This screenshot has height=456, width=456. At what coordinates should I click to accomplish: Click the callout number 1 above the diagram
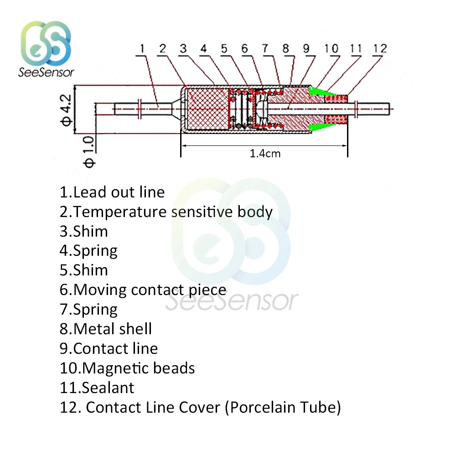coord(142,48)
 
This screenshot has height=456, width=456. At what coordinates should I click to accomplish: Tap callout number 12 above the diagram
coord(379,48)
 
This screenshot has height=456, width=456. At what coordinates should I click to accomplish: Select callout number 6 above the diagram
coord(244,48)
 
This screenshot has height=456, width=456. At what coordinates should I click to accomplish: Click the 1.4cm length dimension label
coord(265,154)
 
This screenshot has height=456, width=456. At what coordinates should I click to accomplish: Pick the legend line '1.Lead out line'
coord(112,192)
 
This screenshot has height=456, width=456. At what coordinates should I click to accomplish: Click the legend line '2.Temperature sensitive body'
coord(166,212)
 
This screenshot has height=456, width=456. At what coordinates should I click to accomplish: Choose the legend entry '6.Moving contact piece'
coord(143,290)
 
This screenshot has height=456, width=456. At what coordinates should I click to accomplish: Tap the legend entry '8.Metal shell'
coord(106,329)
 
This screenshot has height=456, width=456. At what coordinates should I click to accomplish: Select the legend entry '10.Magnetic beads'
coord(127,368)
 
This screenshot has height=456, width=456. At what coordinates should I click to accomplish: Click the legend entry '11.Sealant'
coord(97,388)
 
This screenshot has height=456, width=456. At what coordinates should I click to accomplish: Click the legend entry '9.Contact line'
coord(109,348)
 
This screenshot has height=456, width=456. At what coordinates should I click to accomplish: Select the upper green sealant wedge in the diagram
coord(318,93)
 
